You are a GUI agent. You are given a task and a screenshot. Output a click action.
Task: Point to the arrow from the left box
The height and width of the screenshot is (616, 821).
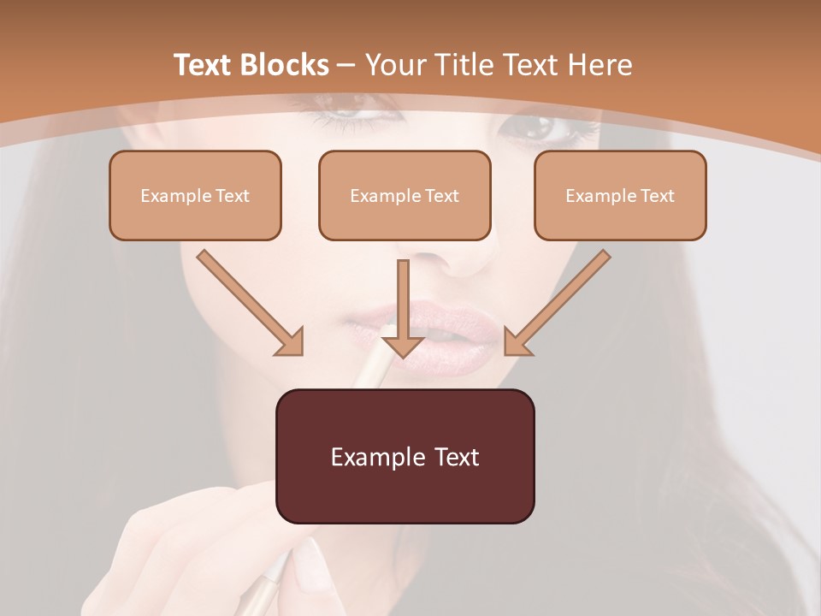[x=248, y=301]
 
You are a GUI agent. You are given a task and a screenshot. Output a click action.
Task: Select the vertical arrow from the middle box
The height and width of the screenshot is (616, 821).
[x=403, y=308]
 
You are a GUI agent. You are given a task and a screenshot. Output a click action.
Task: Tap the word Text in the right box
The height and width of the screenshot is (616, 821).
[x=658, y=196]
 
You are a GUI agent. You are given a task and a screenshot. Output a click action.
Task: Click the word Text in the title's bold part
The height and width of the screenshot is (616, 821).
[x=203, y=65]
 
